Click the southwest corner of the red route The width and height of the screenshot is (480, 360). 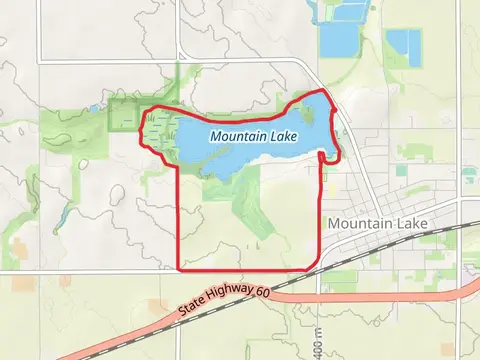tap(179, 269)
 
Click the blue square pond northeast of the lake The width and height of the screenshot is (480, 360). tap(402, 45)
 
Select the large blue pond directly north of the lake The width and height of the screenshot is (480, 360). tap(339, 39)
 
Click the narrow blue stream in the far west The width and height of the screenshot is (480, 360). tap(62, 213)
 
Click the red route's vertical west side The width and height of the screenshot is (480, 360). tap(179, 220)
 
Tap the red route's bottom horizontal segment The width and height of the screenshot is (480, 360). tap(250, 269)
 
